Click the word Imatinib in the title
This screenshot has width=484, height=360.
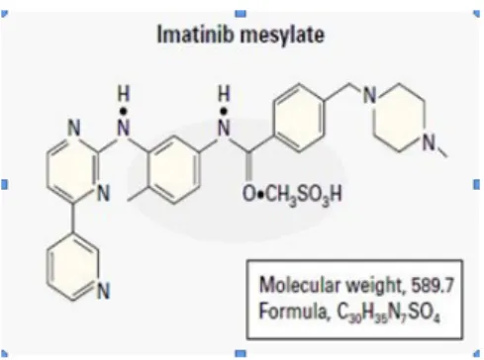click(x=196, y=34)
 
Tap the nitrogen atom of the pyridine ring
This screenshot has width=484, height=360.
click(x=104, y=291)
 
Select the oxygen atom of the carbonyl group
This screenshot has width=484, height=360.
click(x=249, y=194)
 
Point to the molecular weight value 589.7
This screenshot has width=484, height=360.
click(x=433, y=285)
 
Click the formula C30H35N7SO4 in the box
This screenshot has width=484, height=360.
click(x=388, y=313)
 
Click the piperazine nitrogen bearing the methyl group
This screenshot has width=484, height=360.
click(x=429, y=142)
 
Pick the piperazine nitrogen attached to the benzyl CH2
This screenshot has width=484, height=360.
click(x=370, y=95)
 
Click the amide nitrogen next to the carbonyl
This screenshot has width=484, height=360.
click(x=224, y=128)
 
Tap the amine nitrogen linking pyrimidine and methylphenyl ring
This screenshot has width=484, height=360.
click(x=124, y=128)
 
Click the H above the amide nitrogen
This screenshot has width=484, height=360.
click(x=224, y=94)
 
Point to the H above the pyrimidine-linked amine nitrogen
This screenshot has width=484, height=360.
click(x=124, y=94)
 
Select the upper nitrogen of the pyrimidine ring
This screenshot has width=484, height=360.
click(x=73, y=128)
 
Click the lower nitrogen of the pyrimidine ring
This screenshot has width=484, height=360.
click(x=103, y=193)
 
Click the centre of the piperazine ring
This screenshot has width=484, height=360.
click(x=399, y=118)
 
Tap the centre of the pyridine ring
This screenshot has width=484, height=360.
click(x=73, y=267)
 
